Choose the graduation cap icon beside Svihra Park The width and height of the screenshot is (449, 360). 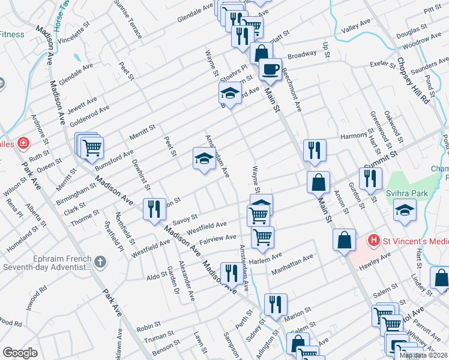coord(404,209)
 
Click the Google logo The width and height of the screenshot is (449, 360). coord(20,353)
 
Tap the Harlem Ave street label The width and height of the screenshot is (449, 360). coord(268,257)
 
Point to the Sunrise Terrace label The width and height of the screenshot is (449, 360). coord(131,19)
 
